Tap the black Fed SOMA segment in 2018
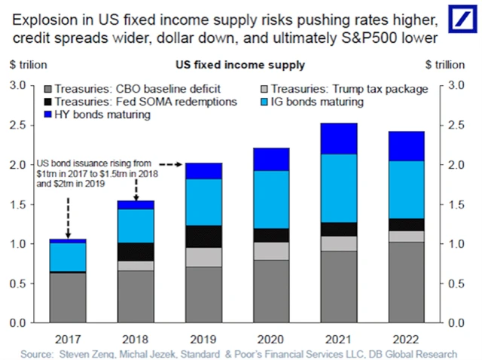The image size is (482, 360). (136, 252)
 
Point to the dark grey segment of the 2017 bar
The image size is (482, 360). (67, 297)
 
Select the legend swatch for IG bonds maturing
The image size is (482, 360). (263, 102)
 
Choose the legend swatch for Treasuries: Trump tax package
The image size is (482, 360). (263, 89)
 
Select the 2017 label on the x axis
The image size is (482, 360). (67, 336)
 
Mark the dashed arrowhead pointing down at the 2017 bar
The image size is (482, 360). (67, 233)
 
